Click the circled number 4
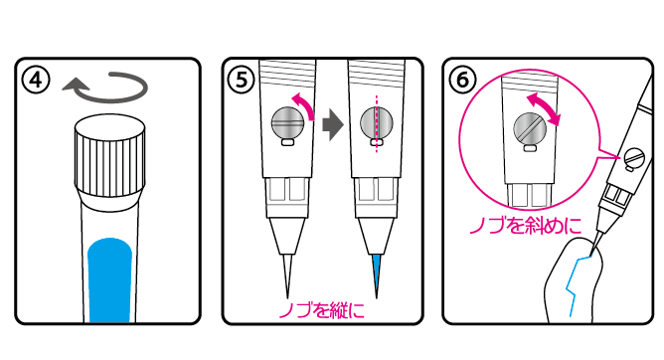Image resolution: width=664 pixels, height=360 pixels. [37, 80]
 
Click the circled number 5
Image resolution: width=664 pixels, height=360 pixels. [242, 80]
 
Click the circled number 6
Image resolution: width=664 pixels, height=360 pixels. [462, 80]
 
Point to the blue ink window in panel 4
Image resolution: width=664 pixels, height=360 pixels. [109, 280]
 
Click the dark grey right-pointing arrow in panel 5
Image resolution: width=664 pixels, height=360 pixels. [333, 125]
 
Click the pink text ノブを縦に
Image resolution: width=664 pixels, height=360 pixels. [321, 310]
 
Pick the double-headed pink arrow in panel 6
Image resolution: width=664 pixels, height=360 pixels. [544, 109]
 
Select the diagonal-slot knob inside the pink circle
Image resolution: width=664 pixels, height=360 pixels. [530, 128]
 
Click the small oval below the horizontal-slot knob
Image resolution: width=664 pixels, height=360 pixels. [287, 142]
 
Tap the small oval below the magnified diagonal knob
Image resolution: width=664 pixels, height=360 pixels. [530, 148]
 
